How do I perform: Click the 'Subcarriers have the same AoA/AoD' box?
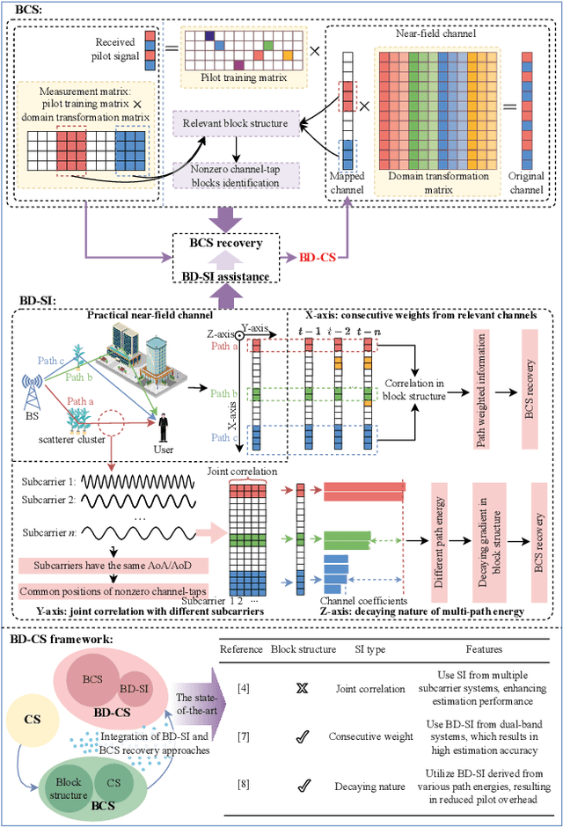pyautogui.click(x=110, y=565)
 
